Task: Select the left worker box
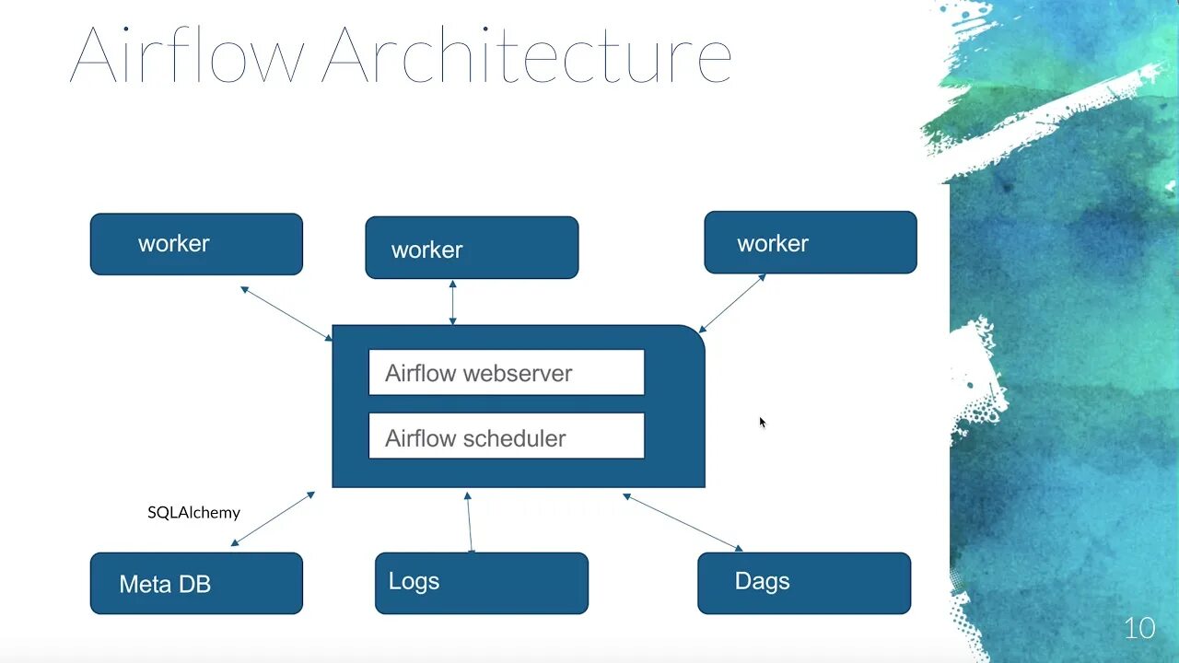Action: click(x=196, y=244)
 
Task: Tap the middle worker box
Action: click(x=472, y=248)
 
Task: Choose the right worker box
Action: click(x=811, y=242)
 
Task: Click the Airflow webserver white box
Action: click(x=507, y=373)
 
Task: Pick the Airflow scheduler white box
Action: click(x=507, y=436)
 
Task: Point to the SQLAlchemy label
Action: click(x=193, y=512)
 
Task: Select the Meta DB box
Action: click(x=196, y=583)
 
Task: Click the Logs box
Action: click(x=482, y=583)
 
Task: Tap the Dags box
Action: click(x=804, y=583)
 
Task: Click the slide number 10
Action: click(x=1139, y=629)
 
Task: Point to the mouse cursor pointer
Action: click(x=762, y=422)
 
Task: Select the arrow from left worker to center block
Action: click(x=286, y=313)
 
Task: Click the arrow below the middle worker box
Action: click(x=452, y=302)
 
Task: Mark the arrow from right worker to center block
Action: click(x=732, y=303)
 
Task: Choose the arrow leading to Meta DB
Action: click(x=273, y=518)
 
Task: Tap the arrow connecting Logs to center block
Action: click(x=470, y=522)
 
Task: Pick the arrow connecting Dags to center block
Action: click(x=683, y=522)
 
